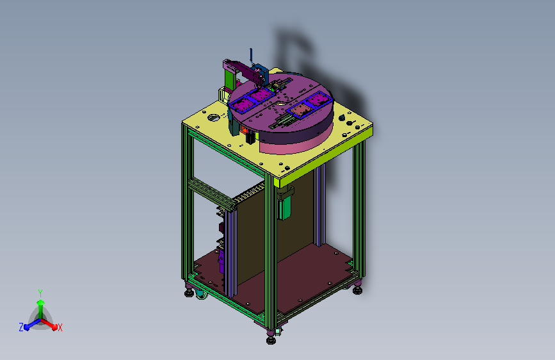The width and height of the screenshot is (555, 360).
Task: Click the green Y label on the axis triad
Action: pyautogui.click(x=40, y=293)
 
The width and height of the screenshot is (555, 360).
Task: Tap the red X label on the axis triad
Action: pyautogui.click(x=60, y=328)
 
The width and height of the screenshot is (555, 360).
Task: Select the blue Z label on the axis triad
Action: pyautogui.click(x=21, y=327)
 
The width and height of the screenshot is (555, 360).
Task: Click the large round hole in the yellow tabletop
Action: pyautogui.click(x=213, y=117)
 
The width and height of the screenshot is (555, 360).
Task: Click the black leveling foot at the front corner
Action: pyautogui.click(x=271, y=340)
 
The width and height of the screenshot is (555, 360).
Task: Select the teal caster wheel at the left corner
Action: pyautogui.click(x=201, y=294)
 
